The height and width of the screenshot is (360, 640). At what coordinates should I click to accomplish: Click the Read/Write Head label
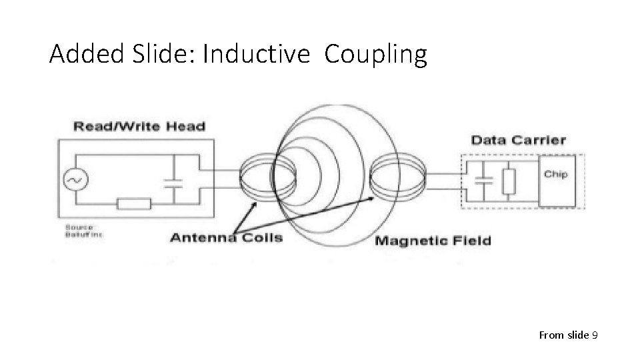(x=139, y=127)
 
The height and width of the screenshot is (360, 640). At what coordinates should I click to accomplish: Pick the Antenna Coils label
(x=227, y=238)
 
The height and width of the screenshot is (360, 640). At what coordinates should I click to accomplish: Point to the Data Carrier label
(x=519, y=140)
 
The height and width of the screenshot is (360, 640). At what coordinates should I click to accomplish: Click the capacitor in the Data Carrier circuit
(x=483, y=179)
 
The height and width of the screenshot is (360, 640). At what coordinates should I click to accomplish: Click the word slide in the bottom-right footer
(x=577, y=335)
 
